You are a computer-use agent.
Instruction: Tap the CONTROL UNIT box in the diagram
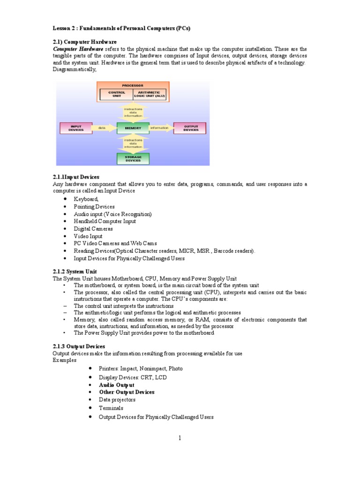[116, 94]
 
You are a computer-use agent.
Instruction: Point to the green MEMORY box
[133, 127]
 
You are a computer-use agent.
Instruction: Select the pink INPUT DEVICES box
[76, 127]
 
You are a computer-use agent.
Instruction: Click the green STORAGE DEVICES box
[133, 159]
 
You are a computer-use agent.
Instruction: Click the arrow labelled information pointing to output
[160, 127]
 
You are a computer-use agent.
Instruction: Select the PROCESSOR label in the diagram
[133, 85]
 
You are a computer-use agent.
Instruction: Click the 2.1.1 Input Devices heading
[76, 177]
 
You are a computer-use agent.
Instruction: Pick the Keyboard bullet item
[86, 199]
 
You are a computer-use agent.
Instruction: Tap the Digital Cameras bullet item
[93, 229]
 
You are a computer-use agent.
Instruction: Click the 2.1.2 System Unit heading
[75, 271]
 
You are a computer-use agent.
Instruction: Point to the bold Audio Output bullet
[116, 385]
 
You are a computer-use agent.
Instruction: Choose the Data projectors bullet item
[117, 400]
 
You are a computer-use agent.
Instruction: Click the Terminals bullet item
[111, 408]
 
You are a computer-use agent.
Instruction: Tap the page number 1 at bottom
[180, 439]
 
